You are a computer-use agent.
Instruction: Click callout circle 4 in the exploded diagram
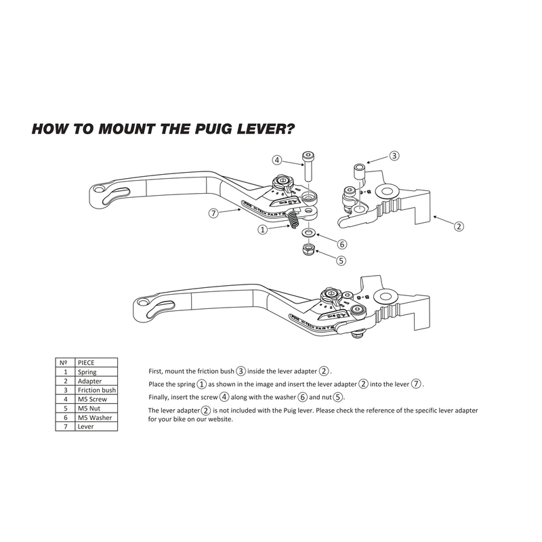(277, 161)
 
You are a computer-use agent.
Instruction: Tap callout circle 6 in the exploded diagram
(342, 244)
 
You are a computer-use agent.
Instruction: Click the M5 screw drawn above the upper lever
(308, 166)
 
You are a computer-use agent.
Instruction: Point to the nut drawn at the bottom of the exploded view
(308, 251)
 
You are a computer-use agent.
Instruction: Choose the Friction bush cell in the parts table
(96, 390)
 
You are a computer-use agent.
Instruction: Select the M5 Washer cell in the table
(94, 417)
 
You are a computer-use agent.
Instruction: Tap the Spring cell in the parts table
(87, 372)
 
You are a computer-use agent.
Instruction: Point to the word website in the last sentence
(217, 419)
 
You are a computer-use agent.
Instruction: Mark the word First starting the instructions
(156, 371)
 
